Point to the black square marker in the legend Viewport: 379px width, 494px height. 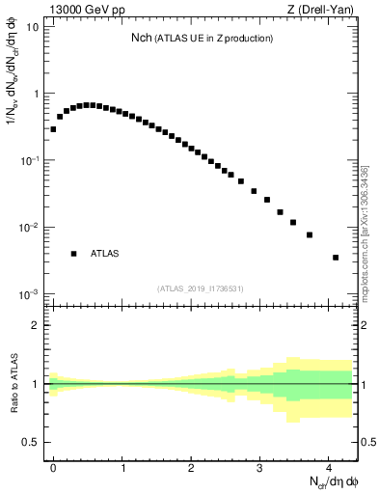click(x=73, y=254)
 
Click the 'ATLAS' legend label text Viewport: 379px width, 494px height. click(x=105, y=254)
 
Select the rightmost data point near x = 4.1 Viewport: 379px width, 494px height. click(x=335, y=258)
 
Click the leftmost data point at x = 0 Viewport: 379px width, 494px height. click(x=53, y=128)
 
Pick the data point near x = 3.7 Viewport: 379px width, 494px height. click(x=310, y=234)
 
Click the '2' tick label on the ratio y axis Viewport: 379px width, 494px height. click(x=38, y=325)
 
